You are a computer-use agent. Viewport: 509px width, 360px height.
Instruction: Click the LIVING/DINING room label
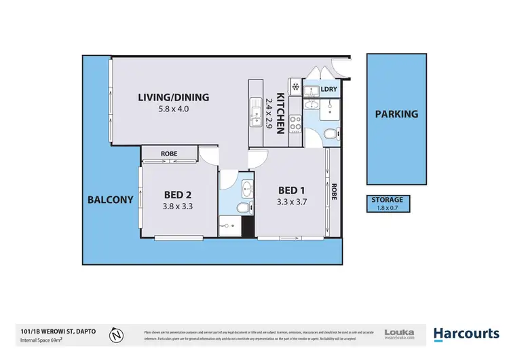coord(173,97)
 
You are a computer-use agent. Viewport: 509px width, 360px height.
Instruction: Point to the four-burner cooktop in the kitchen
coord(296,123)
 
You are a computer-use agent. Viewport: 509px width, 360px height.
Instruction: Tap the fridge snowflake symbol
coord(295,86)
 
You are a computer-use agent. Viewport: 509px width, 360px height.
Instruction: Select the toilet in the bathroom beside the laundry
coord(329,134)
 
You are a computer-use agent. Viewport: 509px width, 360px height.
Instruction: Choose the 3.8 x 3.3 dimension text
coord(178,206)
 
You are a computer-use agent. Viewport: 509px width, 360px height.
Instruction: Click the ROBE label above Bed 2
coord(169,154)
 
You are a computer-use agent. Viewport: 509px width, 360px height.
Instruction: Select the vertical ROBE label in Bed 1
coord(334,192)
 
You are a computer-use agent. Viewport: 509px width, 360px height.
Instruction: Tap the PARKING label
coord(396,114)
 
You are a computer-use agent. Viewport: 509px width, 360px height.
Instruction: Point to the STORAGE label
coord(387,200)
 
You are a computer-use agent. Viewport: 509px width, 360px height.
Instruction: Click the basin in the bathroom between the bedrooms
coord(247,188)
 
